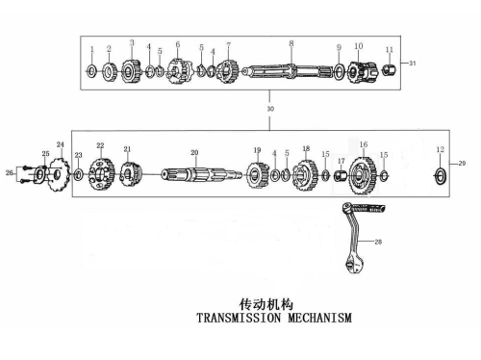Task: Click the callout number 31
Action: [x=413, y=64]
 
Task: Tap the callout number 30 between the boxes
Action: [x=270, y=109]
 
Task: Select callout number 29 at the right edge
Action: [x=462, y=164]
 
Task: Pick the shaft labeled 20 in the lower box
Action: [x=201, y=175]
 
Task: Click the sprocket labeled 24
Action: [x=59, y=174]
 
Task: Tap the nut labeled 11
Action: [x=390, y=69]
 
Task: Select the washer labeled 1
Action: [x=91, y=71]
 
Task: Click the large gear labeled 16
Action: [x=363, y=175]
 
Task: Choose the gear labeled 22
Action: [x=101, y=174]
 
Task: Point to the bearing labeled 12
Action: [x=441, y=176]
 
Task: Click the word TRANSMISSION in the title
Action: [x=239, y=318]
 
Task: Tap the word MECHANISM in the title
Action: [x=320, y=318]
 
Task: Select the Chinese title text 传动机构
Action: [x=266, y=304]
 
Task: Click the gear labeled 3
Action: [x=131, y=71]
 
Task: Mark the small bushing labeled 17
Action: [x=341, y=176]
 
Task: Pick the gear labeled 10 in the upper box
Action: [x=363, y=72]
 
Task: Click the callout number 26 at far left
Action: [x=10, y=173]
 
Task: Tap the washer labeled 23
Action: [x=79, y=175]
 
